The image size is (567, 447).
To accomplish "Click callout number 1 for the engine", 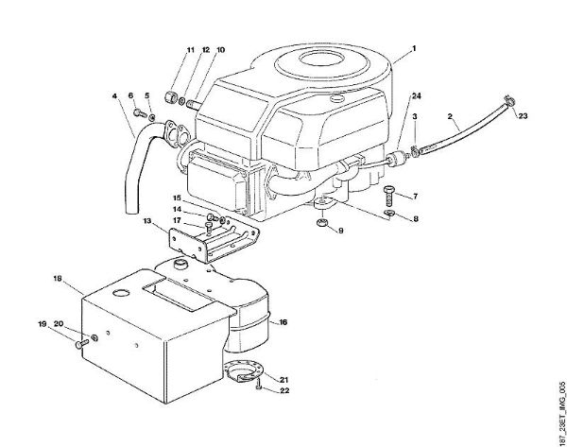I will pyautogui.click(x=414, y=47).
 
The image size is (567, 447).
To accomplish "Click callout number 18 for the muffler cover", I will pyautogui.click(x=58, y=279).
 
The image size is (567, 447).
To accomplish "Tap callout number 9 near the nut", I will pyautogui.click(x=342, y=230).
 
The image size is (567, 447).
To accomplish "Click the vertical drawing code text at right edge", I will pyautogui.click(x=558, y=406).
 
